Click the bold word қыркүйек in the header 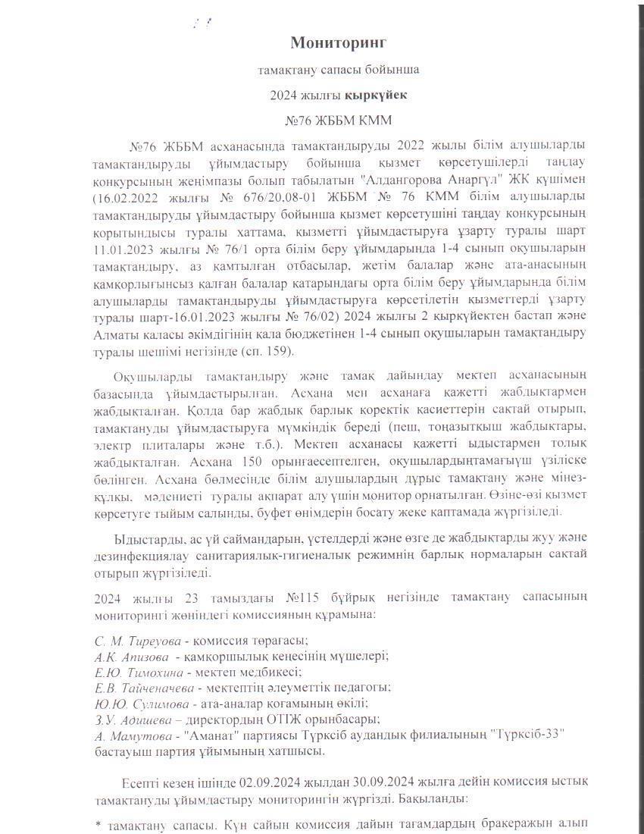(376, 96)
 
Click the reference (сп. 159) (273, 351)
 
